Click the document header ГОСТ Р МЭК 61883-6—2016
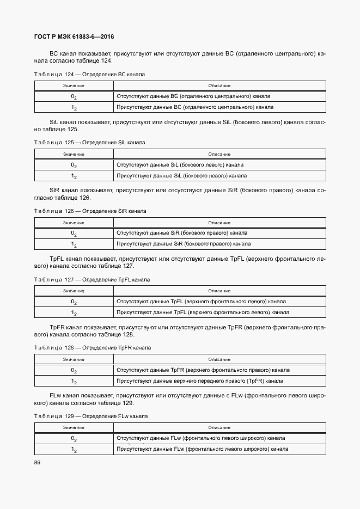[x=74, y=37]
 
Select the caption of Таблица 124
[x=89, y=74]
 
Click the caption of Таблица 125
[x=89, y=142]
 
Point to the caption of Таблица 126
[x=90, y=211]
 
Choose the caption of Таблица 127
[x=91, y=279]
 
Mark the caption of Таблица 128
[x=92, y=347]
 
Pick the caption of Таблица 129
[x=91, y=416]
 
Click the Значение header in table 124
[x=73, y=85]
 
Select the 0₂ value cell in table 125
[x=74, y=165]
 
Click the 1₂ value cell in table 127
[x=74, y=313]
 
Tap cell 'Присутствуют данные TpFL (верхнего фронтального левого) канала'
[x=203, y=312]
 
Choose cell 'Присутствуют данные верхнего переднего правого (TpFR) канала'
[x=199, y=381]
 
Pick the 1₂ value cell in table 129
[x=74, y=450]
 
